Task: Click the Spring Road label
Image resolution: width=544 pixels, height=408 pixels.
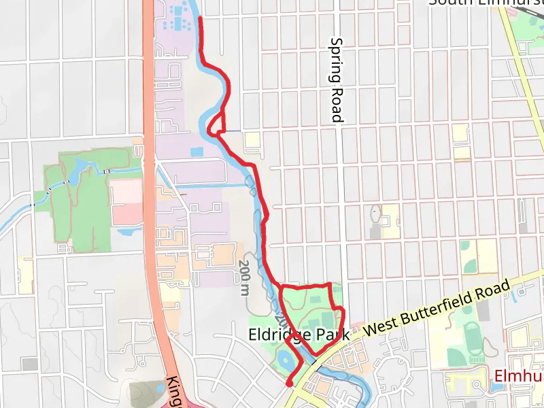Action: tap(336, 80)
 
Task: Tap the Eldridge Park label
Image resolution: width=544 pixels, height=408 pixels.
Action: tap(299, 335)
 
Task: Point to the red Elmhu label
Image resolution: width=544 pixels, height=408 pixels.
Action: tap(518, 376)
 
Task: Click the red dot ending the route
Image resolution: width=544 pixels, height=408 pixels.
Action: tap(289, 384)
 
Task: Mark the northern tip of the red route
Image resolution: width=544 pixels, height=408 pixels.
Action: tap(200, 19)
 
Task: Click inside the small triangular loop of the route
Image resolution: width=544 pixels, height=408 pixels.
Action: tap(218, 124)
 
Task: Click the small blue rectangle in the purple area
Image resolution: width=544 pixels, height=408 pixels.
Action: tap(197, 152)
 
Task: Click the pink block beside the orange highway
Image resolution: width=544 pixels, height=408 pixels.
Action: tap(127, 202)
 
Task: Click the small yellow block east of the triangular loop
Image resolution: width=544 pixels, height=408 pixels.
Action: tap(252, 141)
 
